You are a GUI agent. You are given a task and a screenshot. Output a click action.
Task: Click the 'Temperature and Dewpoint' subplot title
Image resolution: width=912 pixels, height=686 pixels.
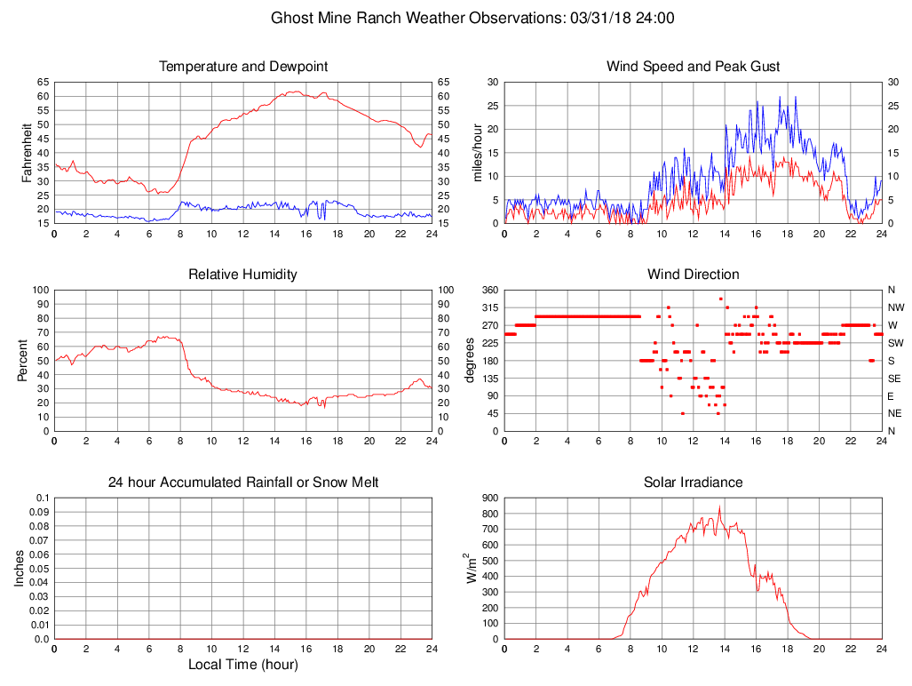click(243, 67)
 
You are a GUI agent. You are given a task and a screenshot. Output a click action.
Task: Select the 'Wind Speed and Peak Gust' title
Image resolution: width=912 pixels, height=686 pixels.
click(693, 67)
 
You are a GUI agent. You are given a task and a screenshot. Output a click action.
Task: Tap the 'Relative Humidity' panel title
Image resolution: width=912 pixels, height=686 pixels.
click(243, 275)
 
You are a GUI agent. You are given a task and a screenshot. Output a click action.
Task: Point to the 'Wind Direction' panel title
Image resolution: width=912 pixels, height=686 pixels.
click(693, 275)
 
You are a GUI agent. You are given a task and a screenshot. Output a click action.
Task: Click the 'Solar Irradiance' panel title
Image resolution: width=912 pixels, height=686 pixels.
click(693, 483)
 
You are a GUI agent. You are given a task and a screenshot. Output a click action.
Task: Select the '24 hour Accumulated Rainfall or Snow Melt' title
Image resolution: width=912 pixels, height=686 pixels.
click(243, 483)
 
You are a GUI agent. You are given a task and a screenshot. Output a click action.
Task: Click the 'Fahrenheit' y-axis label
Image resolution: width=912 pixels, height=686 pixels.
click(28, 153)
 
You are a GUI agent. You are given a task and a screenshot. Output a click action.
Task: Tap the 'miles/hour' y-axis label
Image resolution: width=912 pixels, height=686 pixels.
click(478, 153)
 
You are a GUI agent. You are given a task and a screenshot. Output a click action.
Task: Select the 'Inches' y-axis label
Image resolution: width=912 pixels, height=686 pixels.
click(20, 568)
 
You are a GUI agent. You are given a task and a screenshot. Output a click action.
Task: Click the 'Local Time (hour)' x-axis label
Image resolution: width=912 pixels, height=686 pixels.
click(243, 665)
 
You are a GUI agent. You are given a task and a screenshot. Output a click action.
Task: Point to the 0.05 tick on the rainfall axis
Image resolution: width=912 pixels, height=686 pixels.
click(40, 568)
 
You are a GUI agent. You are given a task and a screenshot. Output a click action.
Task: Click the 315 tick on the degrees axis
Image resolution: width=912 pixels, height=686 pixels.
click(489, 307)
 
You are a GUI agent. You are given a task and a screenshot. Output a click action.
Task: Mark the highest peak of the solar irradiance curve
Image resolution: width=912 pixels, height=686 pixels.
click(719, 507)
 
